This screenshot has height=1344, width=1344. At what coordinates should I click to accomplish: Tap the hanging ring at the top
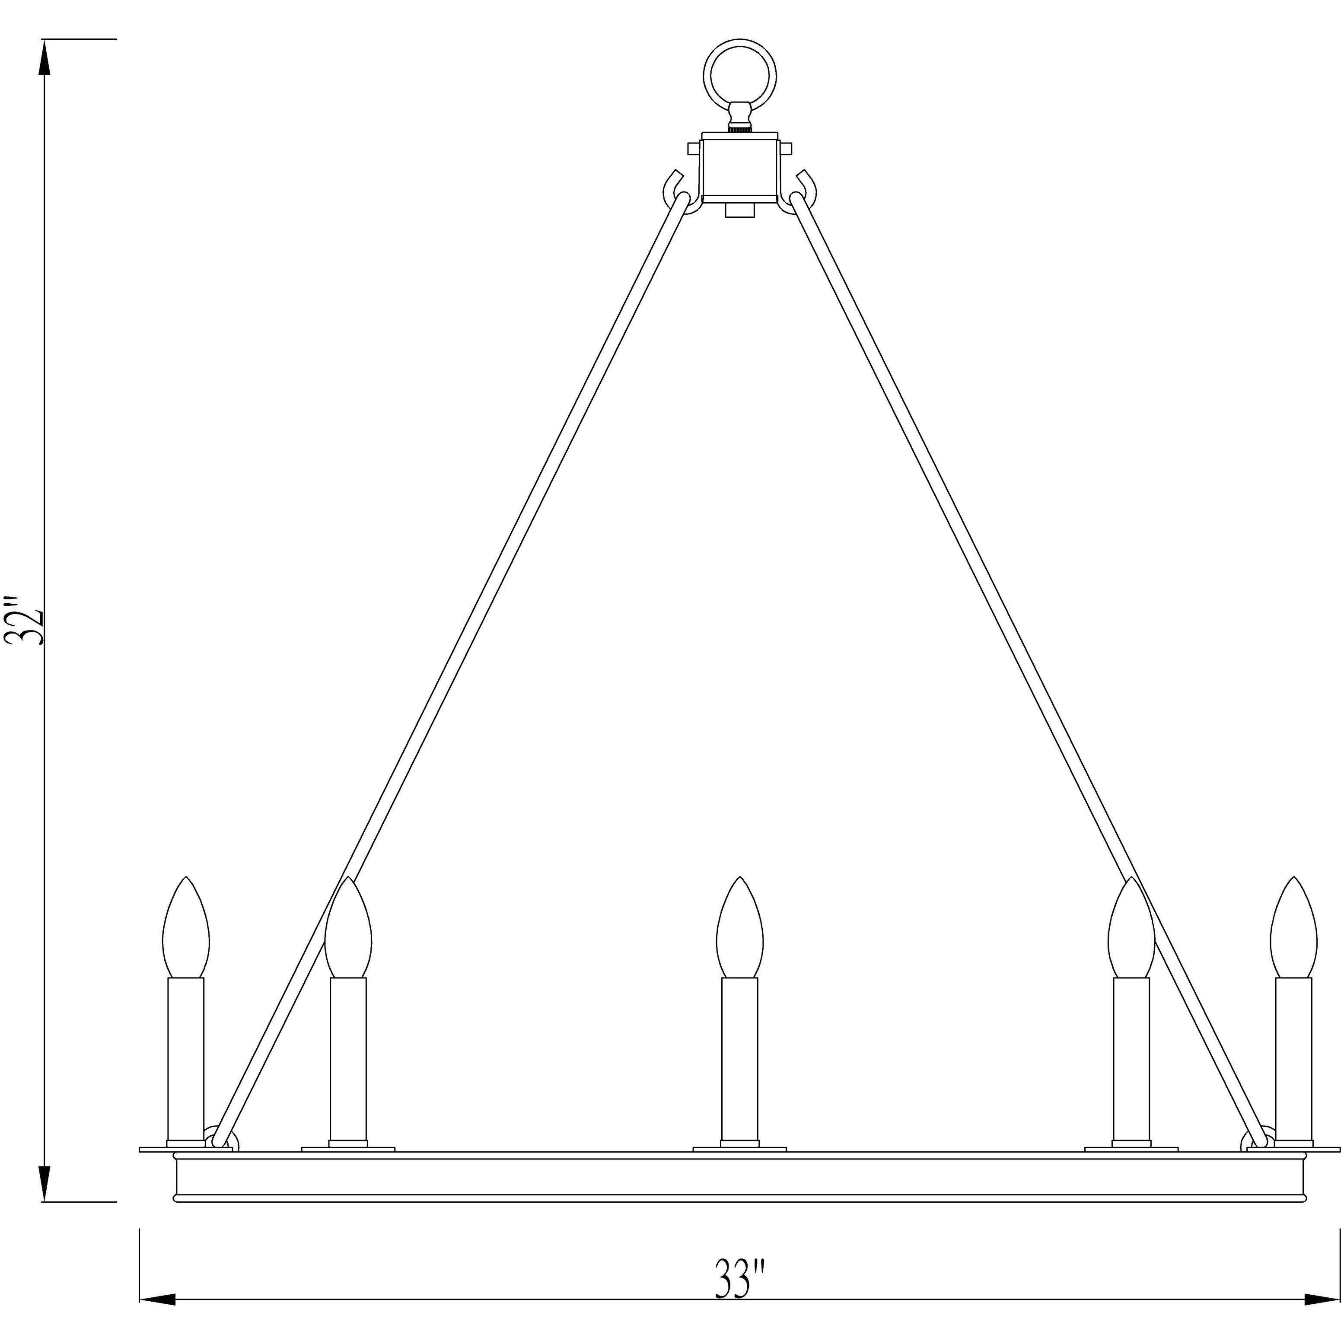pos(740,76)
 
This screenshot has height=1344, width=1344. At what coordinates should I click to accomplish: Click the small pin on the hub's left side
pos(694,148)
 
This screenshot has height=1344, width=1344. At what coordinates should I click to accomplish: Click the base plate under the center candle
pos(739,1149)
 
